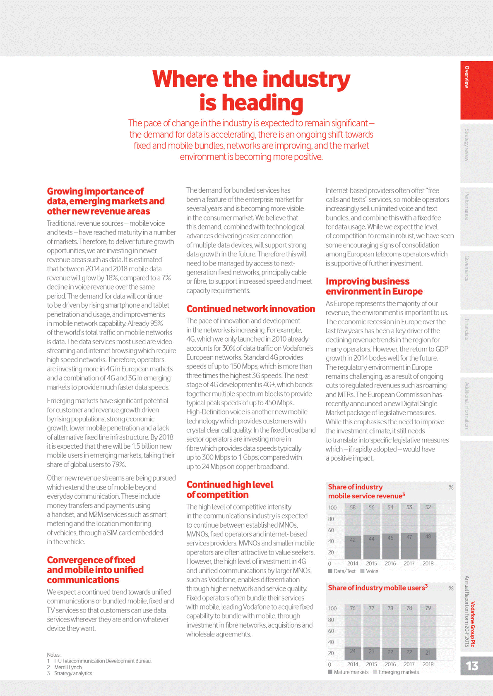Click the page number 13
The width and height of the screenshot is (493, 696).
(472, 666)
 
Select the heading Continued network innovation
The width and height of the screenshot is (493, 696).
(250, 309)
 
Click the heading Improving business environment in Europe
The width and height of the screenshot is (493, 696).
(374, 286)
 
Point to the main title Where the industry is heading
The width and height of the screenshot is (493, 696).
(251, 91)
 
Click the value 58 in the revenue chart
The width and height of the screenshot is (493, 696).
(353, 507)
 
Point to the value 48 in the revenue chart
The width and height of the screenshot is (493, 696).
(428, 536)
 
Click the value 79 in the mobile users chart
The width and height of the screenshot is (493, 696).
(428, 608)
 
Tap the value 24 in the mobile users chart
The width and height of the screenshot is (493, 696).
(353, 651)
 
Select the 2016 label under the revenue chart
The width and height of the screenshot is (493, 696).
(390, 563)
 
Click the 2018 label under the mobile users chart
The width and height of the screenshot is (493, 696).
(428, 664)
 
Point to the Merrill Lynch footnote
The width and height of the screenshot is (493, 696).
(68, 667)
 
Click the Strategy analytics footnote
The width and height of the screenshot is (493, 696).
(73, 673)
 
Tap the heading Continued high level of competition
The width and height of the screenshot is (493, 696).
(230, 490)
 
